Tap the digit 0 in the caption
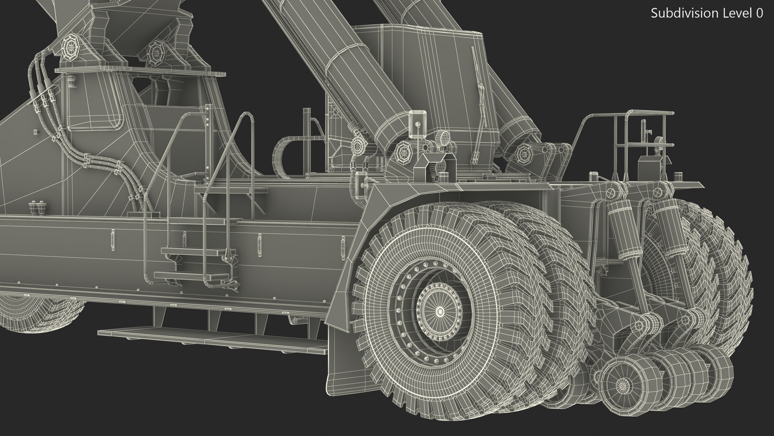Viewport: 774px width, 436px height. coord(759,13)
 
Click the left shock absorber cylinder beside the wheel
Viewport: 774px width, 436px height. coord(621,230)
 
